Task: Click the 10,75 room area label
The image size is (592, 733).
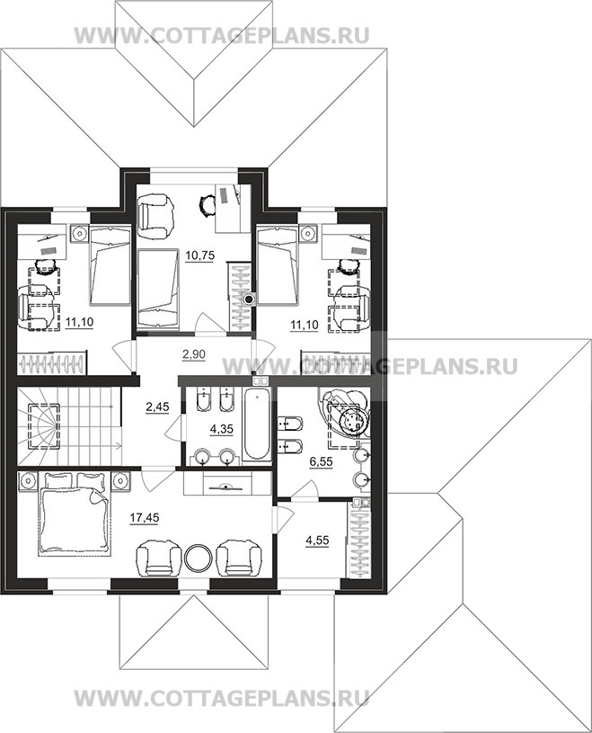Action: (199, 255)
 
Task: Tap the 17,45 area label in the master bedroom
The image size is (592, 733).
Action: (145, 517)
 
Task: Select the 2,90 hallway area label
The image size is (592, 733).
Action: (194, 354)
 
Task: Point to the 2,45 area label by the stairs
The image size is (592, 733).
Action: (157, 407)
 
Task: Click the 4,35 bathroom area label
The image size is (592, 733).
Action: (222, 429)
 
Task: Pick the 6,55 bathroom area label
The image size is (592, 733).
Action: (322, 462)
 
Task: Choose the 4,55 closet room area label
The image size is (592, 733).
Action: (317, 541)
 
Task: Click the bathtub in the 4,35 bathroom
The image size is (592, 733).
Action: (256, 425)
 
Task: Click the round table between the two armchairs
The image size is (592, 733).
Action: (199, 557)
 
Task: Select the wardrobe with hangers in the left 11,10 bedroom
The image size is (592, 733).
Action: (52, 362)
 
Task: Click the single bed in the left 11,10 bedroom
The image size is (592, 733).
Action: (109, 265)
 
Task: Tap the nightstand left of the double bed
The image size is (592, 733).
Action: (28, 481)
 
